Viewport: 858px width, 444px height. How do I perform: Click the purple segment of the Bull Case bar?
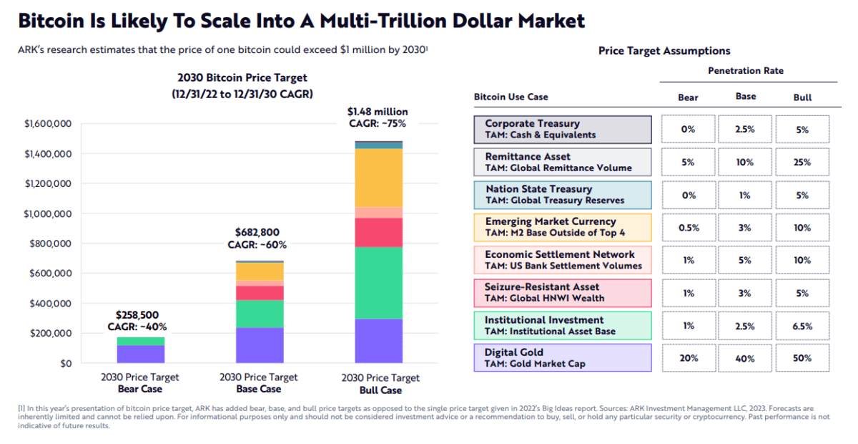pos(380,341)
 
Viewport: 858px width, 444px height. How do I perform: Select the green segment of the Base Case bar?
pos(260,314)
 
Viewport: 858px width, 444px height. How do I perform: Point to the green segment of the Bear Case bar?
pos(141,341)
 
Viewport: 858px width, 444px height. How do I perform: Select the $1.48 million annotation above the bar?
pos(378,112)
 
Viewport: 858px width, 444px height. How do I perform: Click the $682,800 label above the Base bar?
pos(257,232)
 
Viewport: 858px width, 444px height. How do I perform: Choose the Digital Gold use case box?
pos(563,357)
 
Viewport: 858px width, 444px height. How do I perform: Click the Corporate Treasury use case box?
pos(563,129)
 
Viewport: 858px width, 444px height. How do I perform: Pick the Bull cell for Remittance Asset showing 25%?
pos(802,163)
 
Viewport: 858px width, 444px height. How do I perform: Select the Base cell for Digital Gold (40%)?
pos(745,358)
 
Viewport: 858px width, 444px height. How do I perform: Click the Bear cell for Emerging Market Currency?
pos(688,228)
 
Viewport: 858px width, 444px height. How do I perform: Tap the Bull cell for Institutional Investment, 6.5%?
pos(802,326)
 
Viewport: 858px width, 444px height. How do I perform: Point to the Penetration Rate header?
pos(745,71)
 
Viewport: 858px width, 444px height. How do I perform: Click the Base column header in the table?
pos(745,97)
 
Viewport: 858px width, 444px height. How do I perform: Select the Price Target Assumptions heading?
pos(664,51)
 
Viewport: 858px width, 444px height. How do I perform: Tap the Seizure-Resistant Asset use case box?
pos(563,292)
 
